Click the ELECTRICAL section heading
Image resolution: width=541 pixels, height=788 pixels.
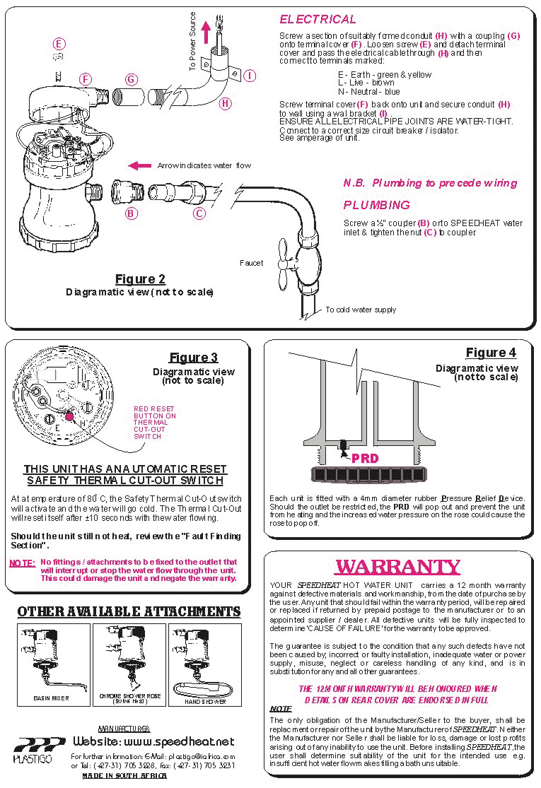click(x=318, y=19)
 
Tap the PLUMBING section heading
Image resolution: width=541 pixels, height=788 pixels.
click(x=376, y=205)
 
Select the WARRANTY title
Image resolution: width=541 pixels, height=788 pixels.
click(x=397, y=567)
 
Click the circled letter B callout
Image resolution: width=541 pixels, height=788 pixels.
click(x=132, y=213)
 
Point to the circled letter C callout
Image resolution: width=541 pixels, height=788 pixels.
click(x=199, y=213)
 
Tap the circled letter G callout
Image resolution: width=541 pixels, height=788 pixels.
click(x=131, y=79)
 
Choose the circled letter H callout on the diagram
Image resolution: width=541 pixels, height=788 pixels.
click(x=226, y=103)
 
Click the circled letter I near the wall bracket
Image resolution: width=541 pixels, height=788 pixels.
click(x=250, y=75)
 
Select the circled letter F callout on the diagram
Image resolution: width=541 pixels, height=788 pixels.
click(x=86, y=78)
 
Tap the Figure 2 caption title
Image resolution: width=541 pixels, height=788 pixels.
click(x=139, y=278)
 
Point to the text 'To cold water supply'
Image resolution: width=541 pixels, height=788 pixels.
click(x=361, y=310)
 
